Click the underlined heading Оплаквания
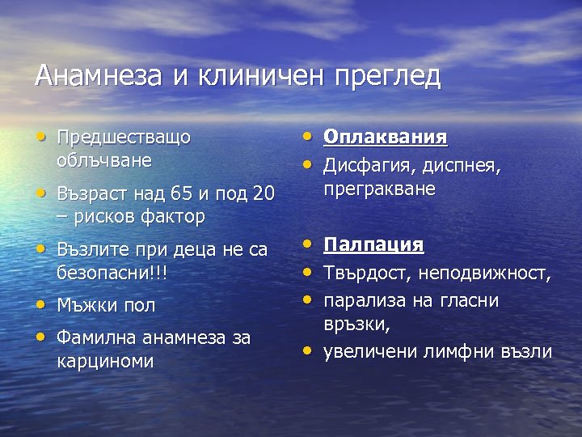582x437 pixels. pyautogui.click(x=386, y=137)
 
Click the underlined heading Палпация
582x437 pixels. pyautogui.click(x=373, y=244)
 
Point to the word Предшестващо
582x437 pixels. pyautogui.click(x=124, y=138)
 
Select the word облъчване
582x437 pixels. pyautogui.click(x=104, y=159)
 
